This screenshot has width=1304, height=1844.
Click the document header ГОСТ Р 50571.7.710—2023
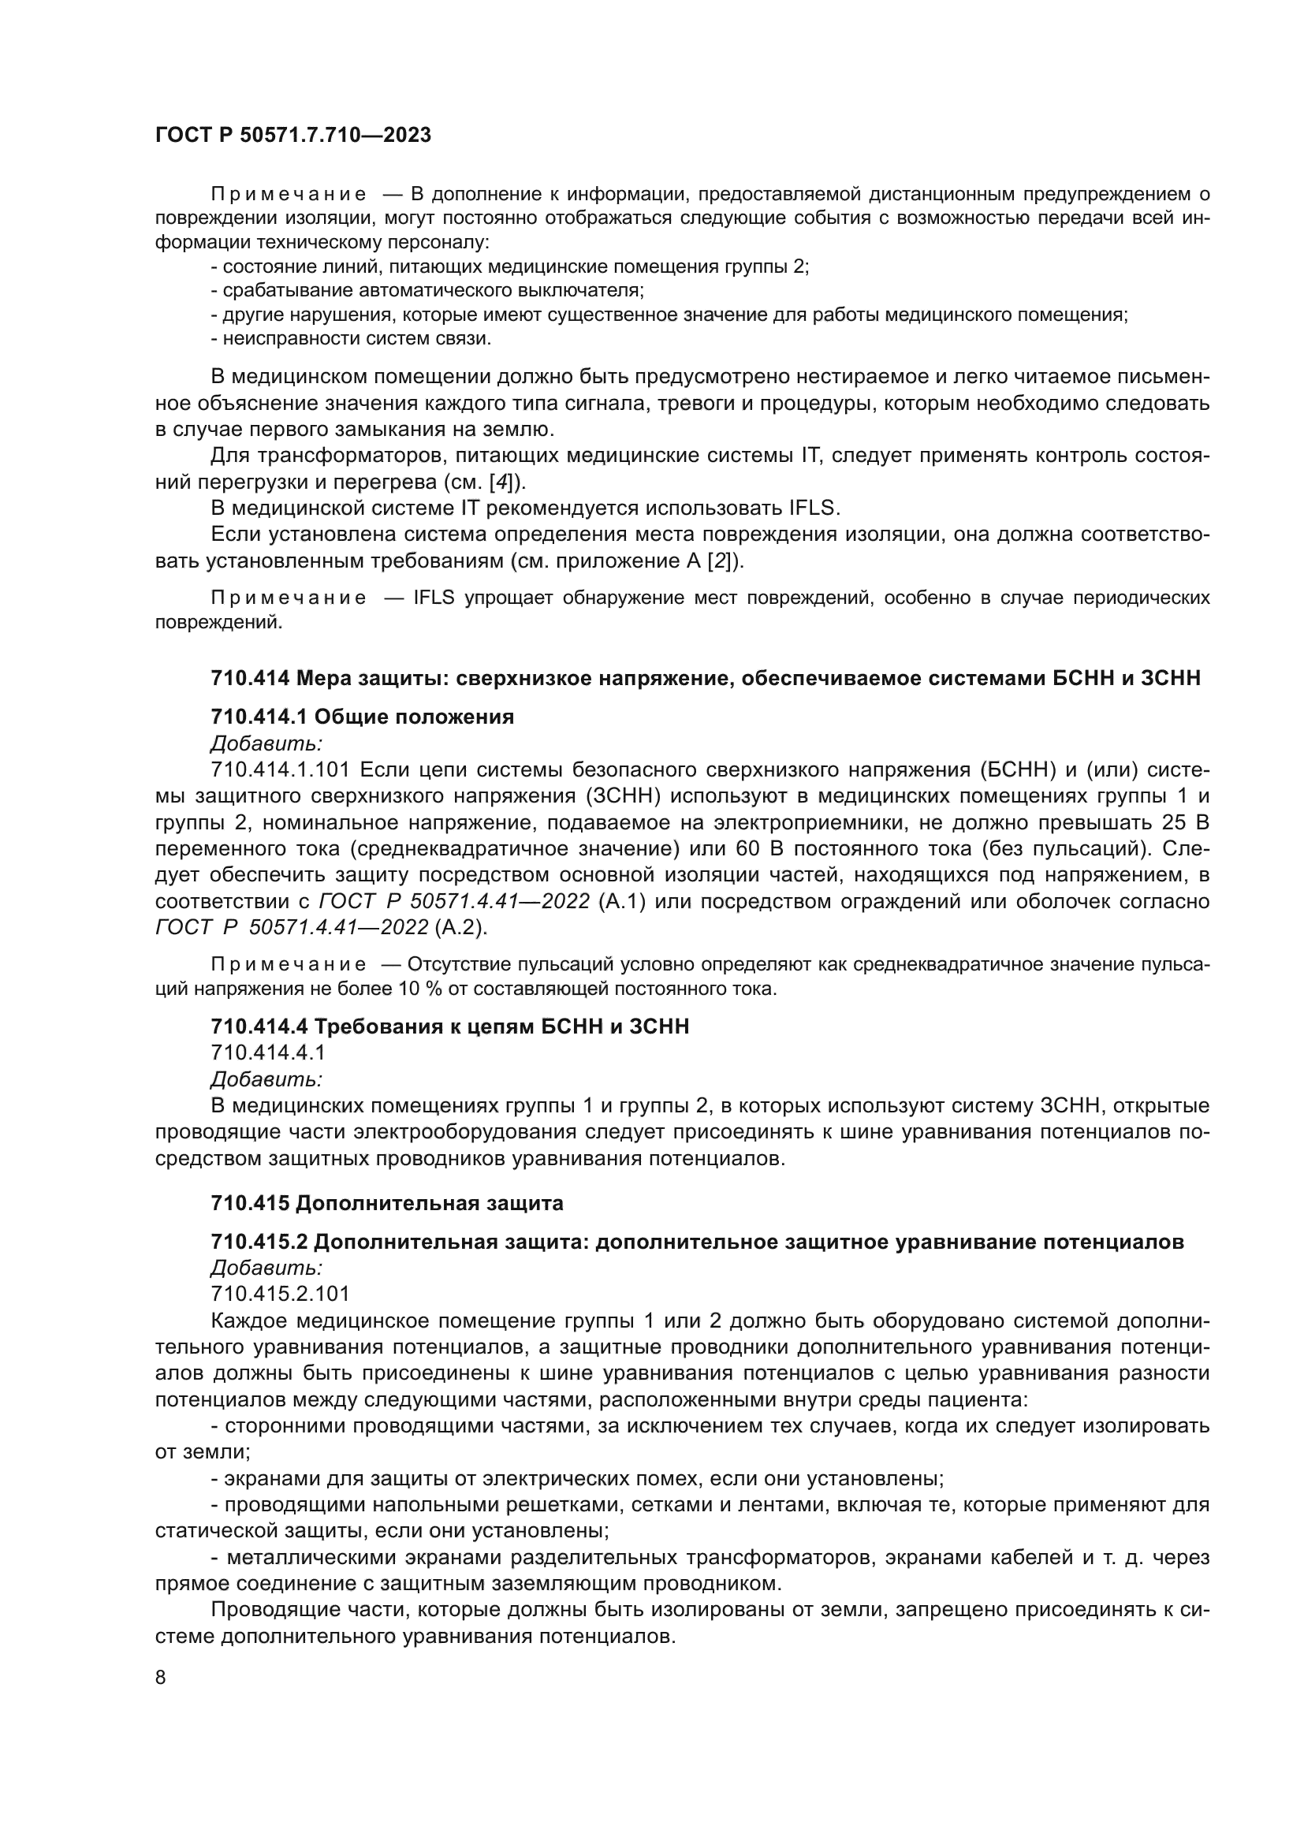pos(293,135)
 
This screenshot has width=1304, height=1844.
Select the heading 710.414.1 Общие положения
pos(362,717)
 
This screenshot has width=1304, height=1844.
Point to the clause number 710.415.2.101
pos(280,1293)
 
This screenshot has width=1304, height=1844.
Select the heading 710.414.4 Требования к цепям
pos(449,1026)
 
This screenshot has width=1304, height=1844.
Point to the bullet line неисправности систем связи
pos(352,338)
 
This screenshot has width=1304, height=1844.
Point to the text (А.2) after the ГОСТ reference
pos(460,928)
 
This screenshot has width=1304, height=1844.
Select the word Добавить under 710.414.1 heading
pos(266,743)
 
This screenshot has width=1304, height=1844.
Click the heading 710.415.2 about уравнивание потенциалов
pos(697,1242)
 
